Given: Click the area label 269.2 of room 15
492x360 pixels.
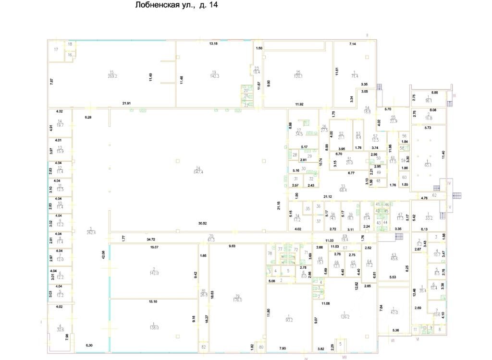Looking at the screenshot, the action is (114, 76).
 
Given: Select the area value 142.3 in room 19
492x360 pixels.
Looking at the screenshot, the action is (214, 76).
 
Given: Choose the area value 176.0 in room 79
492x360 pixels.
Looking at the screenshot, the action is (237, 300).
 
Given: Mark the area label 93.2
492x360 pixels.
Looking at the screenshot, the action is (289, 320).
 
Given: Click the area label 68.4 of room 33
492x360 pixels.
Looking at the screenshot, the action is (343, 190).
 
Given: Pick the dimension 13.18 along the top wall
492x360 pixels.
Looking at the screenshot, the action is (213, 44).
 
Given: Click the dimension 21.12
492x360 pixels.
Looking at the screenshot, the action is (329, 196).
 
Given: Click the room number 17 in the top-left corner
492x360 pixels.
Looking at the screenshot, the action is (56, 49).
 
